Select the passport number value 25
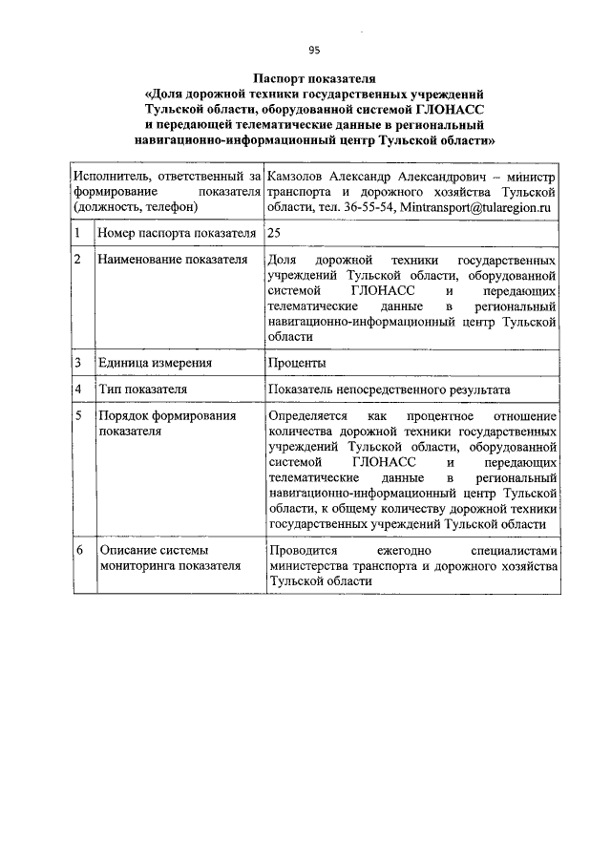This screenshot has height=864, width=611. [x=275, y=233]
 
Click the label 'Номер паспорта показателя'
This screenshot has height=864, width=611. [x=176, y=233]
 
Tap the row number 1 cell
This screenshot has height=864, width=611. [x=77, y=233]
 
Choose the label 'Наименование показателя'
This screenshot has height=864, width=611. [x=172, y=260]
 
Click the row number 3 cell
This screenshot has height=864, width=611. [x=77, y=363]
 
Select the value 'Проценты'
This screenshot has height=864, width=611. [x=297, y=363]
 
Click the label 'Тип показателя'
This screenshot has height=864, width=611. [x=141, y=390]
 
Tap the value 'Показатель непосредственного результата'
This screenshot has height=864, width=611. [x=390, y=390]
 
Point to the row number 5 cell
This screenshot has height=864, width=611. [x=77, y=416]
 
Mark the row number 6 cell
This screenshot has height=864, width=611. [x=77, y=551]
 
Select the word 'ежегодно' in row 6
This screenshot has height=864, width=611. [x=405, y=551]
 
